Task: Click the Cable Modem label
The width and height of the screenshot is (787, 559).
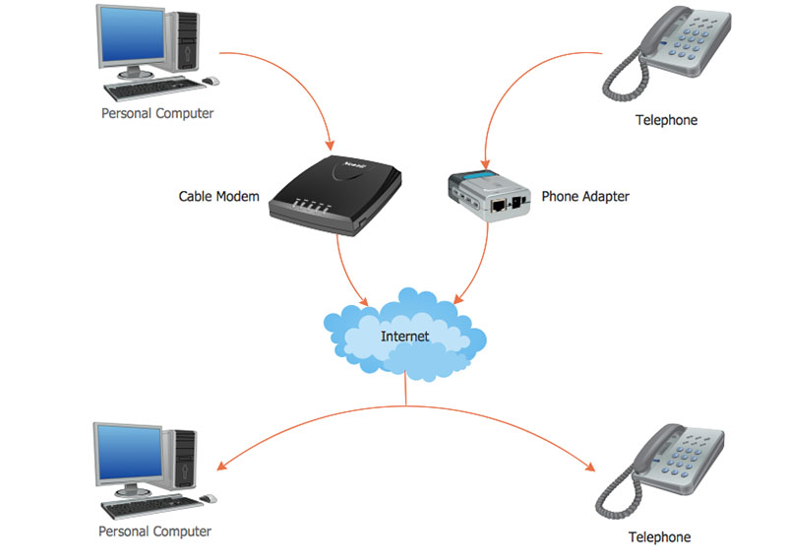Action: coord(218,197)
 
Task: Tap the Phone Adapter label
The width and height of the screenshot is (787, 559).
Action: coord(585,197)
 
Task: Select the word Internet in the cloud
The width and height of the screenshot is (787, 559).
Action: coord(404,337)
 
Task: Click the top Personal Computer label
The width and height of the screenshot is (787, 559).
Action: coord(157,113)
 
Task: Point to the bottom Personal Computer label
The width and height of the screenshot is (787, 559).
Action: coord(154,531)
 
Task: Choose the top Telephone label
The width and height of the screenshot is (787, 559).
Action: coord(666,120)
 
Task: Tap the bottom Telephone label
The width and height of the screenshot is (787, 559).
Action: coord(659,537)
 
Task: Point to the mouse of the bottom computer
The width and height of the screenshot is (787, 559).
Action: coord(208,498)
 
